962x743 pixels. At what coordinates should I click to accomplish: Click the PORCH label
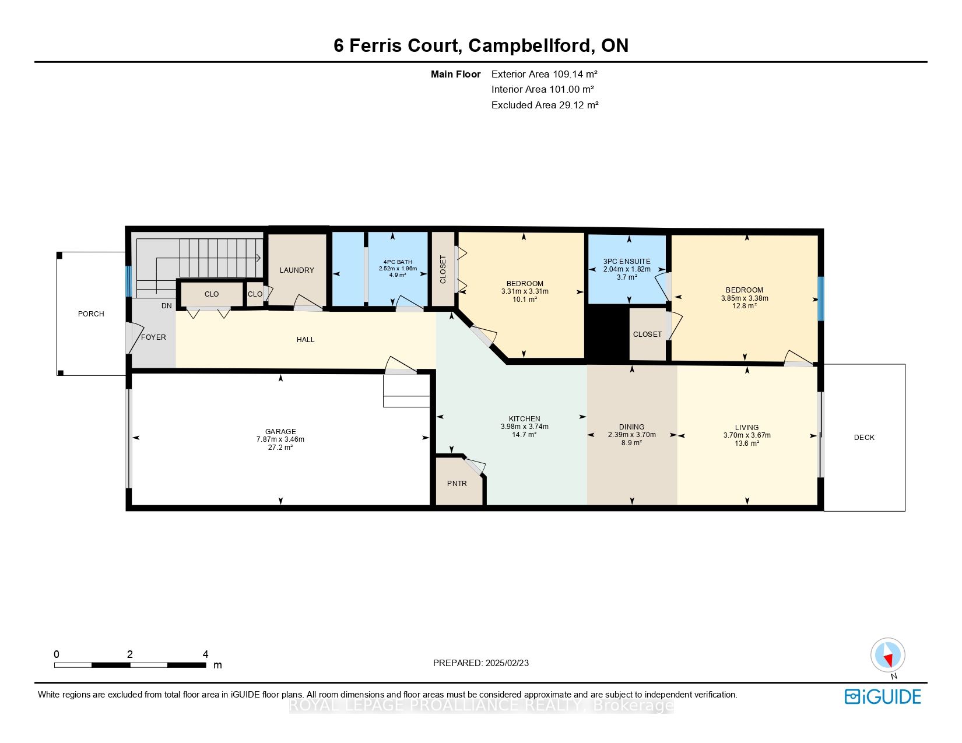click(x=91, y=314)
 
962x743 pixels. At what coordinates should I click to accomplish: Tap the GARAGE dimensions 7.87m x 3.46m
click(x=280, y=439)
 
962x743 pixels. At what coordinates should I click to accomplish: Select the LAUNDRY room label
click(x=297, y=270)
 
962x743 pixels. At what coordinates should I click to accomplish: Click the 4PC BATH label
click(x=398, y=262)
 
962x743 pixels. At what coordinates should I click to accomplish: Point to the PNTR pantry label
click(x=457, y=484)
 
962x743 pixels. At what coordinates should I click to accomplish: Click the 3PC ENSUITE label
click(x=627, y=262)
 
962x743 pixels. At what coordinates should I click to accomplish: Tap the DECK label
click(x=864, y=438)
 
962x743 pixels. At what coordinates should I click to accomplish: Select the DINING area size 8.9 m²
click(x=632, y=443)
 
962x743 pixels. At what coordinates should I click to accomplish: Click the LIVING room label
click(x=747, y=427)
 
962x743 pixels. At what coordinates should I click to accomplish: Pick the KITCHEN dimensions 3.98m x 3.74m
click(x=524, y=427)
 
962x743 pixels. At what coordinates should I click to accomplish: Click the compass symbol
click(x=887, y=655)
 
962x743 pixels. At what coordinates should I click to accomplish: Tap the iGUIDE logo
click(x=883, y=696)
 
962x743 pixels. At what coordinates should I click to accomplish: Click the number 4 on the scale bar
click(x=205, y=654)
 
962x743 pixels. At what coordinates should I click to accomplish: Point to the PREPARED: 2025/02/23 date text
click(x=481, y=663)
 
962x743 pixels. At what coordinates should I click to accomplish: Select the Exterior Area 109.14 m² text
click(x=545, y=74)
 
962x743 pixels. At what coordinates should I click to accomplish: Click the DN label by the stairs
click(x=167, y=306)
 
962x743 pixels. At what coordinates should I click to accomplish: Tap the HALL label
click(x=306, y=340)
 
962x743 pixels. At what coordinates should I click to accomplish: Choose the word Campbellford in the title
click(x=529, y=45)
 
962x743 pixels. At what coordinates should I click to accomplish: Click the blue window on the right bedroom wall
click(x=821, y=299)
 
